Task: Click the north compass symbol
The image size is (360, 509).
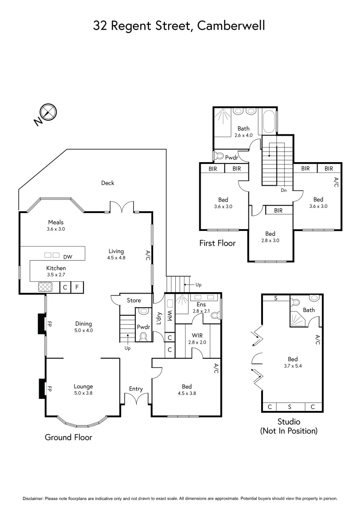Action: click(x=49, y=112)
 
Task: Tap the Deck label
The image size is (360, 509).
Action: click(x=108, y=183)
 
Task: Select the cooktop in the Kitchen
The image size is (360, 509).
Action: click(x=46, y=287)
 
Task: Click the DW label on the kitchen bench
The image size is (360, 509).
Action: click(x=68, y=257)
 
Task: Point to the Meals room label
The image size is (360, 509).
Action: click(x=56, y=222)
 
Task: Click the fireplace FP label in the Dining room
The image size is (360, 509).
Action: click(x=49, y=324)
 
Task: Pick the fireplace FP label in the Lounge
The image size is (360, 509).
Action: click(x=49, y=389)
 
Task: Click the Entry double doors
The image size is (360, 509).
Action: click(x=136, y=399)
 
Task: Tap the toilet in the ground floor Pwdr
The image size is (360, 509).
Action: click(x=144, y=336)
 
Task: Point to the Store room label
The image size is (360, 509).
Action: click(x=134, y=300)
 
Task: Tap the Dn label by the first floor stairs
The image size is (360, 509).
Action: click(x=284, y=190)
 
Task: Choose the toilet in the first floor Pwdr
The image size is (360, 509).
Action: click(x=219, y=155)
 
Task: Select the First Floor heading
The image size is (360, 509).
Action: click(x=217, y=243)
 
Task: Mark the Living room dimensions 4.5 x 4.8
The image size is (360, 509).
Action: click(x=116, y=258)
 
